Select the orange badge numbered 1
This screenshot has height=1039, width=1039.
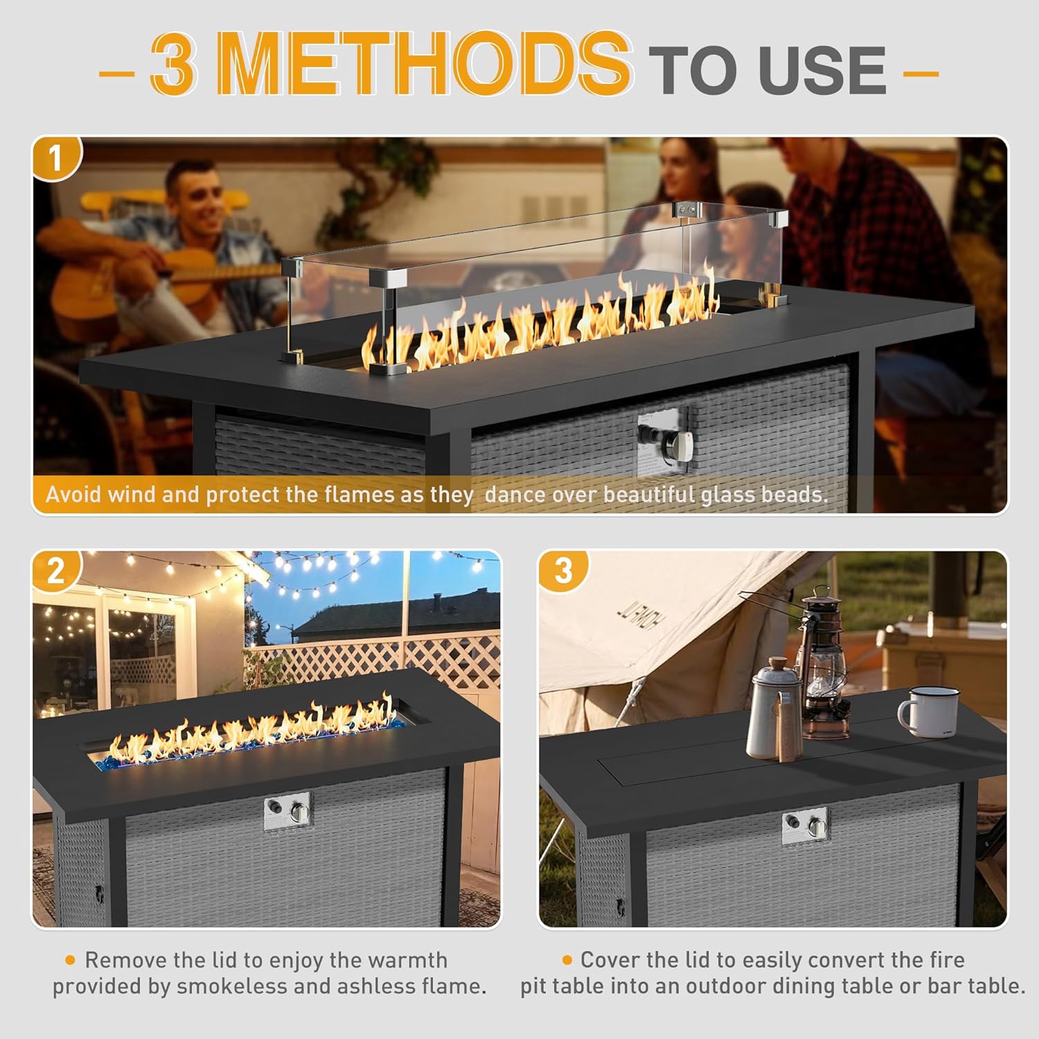[56, 159]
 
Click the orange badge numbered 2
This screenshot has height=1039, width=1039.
[56, 571]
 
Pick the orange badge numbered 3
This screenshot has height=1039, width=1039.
[563, 571]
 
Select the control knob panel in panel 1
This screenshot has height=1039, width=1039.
[663, 443]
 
